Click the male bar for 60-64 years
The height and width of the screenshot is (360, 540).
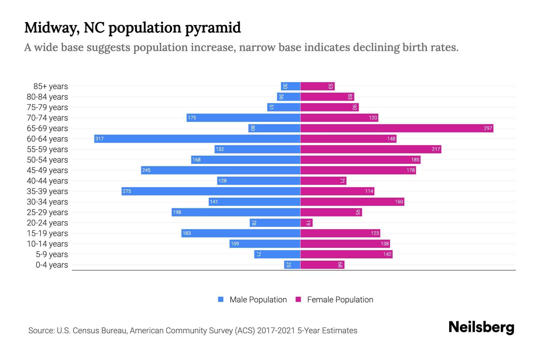coord(197,139)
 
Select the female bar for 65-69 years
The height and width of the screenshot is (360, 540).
coord(397,128)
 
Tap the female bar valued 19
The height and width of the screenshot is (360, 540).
coord(306,223)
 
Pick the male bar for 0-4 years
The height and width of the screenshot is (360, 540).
coord(292,265)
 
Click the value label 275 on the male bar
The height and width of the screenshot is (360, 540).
coord(127,191)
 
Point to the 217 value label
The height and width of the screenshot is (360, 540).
coord(436,149)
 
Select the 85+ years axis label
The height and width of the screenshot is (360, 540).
coord(51,86)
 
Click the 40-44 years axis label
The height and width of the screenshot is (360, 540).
coord(47,181)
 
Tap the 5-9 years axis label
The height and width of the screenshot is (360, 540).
coord(52,254)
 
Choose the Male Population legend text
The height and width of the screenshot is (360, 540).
coord(258,299)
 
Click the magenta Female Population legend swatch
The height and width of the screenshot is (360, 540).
coord(298,299)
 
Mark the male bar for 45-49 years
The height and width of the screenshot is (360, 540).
coord(220,170)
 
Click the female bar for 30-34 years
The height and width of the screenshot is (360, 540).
coord(352,202)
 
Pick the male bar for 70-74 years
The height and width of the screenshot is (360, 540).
coord(243,118)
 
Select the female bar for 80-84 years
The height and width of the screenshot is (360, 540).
coord(327,97)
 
